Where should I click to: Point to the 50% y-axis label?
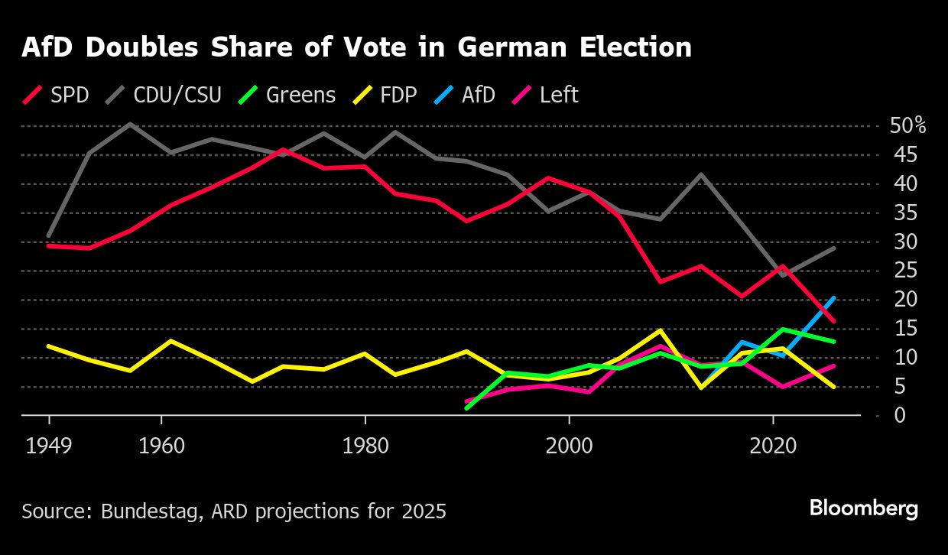pyautogui.click(x=908, y=126)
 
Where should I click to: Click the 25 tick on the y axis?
pyautogui.click(x=902, y=271)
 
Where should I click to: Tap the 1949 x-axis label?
pyautogui.click(x=49, y=446)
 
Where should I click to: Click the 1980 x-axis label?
pyautogui.click(x=365, y=446)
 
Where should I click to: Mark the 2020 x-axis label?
pyautogui.click(x=772, y=446)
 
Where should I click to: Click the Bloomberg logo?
pyautogui.click(x=864, y=508)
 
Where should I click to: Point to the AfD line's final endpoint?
pyautogui.click(x=834, y=297)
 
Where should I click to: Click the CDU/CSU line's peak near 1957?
pyautogui.click(x=130, y=124)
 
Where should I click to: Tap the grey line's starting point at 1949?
pyautogui.click(x=49, y=235)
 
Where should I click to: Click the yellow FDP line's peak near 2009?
pyautogui.click(x=658, y=330)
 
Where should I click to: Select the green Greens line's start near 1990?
pyautogui.click(x=467, y=408)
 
